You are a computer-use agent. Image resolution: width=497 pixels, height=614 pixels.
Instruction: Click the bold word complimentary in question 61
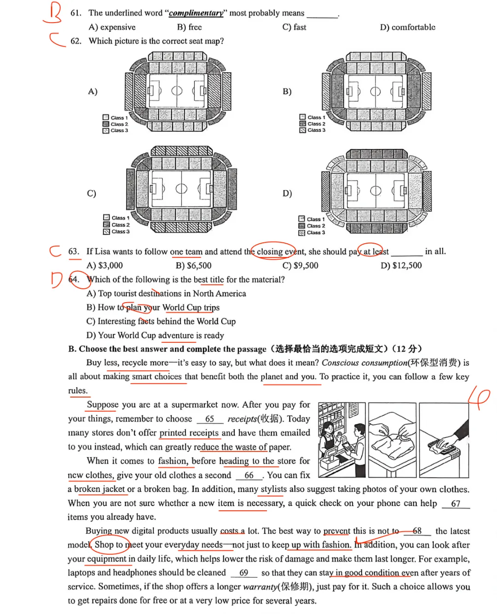point(196,13)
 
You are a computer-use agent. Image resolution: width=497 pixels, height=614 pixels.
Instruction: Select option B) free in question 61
point(189,27)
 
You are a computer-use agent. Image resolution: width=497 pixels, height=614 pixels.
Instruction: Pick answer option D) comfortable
point(407,27)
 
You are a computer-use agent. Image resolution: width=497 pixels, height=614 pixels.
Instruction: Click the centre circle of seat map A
point(177,91)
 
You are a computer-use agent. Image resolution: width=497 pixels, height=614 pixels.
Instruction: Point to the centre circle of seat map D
point(376,190)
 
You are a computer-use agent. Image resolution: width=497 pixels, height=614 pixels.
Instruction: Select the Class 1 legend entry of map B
point(312,117)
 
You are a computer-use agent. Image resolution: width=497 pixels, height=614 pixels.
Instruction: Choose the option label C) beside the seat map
point(92,193)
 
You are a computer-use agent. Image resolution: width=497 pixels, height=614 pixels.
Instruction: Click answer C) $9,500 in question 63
point(300,265)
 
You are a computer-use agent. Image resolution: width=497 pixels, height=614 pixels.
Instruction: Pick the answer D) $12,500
point(401,265)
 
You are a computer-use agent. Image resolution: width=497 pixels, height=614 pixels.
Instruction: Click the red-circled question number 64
point(75,279)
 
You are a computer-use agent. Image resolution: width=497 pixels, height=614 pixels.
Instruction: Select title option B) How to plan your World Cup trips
point(153,307)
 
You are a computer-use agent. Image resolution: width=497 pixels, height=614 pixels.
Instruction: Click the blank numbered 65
point(210,419)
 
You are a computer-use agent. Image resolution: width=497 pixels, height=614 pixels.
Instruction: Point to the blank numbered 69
point(244,573)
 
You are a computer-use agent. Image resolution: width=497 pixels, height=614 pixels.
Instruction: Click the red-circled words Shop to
point(109,544)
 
